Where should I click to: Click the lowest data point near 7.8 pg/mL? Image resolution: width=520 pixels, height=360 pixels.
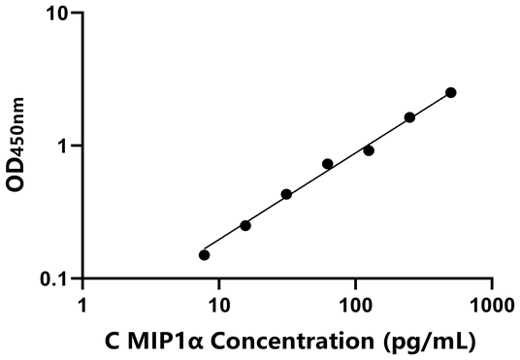coord(204,255)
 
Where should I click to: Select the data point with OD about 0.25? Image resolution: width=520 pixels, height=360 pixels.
coord(245,225)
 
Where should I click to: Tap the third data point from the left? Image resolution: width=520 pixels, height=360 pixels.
coord(286,194)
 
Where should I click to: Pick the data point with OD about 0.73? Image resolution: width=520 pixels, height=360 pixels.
coord(328,164)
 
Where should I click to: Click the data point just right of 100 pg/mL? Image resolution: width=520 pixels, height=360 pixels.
coord(369,150)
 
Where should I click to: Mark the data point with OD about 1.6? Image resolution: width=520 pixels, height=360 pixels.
coord(409,117)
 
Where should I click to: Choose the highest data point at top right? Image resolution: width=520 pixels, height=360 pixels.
coord(451,92)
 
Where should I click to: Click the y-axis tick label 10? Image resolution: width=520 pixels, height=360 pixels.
coord(59,14)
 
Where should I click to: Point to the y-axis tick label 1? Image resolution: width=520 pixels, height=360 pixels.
coord(66,147)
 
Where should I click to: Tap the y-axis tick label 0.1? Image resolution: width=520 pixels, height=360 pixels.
coord(56,279)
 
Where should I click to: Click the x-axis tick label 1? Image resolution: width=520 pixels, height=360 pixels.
coord(82,304)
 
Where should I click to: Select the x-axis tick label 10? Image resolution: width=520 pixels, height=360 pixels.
coord(218,304)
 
